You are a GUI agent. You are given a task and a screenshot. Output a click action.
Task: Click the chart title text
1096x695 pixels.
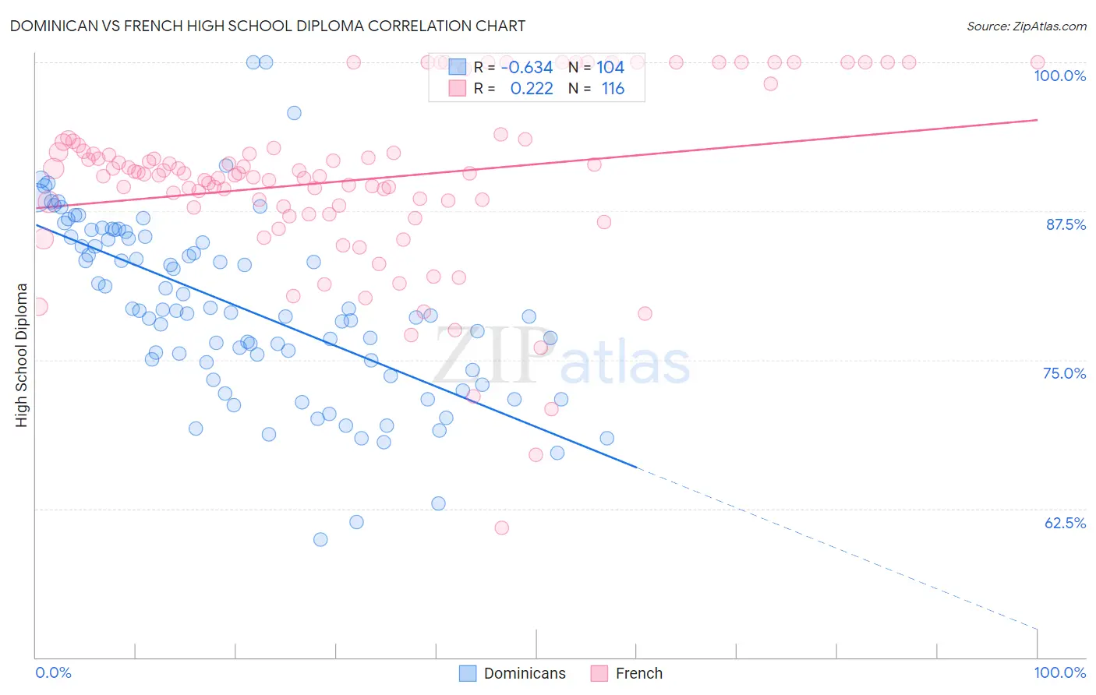(x=267, y=26)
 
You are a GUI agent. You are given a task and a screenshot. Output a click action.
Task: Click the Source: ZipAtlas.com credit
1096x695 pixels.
(x=1026, y=26)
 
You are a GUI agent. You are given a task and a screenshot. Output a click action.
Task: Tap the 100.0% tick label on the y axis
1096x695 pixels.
(x=1059, y=76)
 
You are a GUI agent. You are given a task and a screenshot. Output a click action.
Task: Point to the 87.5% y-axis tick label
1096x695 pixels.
(x=1065, y=224)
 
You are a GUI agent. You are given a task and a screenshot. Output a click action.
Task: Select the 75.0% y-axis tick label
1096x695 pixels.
(x=1064, y=373)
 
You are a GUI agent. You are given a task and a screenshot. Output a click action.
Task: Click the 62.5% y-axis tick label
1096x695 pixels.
(x=1065, y=523)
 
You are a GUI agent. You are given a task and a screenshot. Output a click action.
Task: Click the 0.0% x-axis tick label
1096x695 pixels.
(x=53, y=672)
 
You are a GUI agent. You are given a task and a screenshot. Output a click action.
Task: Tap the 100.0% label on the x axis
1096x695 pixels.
(x=1059, y=672)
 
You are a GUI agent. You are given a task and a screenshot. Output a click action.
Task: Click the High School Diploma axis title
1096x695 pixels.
(x=22, y=355)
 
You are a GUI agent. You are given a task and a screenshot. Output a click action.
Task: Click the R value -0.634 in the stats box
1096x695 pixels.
(x=526, y=68)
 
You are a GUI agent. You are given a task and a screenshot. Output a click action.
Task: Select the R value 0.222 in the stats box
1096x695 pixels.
(x=531, y=89)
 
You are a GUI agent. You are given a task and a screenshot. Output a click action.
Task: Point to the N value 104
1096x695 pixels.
(x=610, y=68)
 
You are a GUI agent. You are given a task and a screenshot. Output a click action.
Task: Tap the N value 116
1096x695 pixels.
(x=613, y=89)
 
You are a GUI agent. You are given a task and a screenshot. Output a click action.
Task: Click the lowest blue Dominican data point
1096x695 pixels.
(x=320, y=539)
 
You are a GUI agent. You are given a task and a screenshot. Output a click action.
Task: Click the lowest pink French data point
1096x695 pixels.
(x=501, y=527)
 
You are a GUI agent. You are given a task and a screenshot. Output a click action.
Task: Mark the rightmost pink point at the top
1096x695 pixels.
(x=1037, y=62)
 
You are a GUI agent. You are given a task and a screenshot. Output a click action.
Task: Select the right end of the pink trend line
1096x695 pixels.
(x=1037, y=120)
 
